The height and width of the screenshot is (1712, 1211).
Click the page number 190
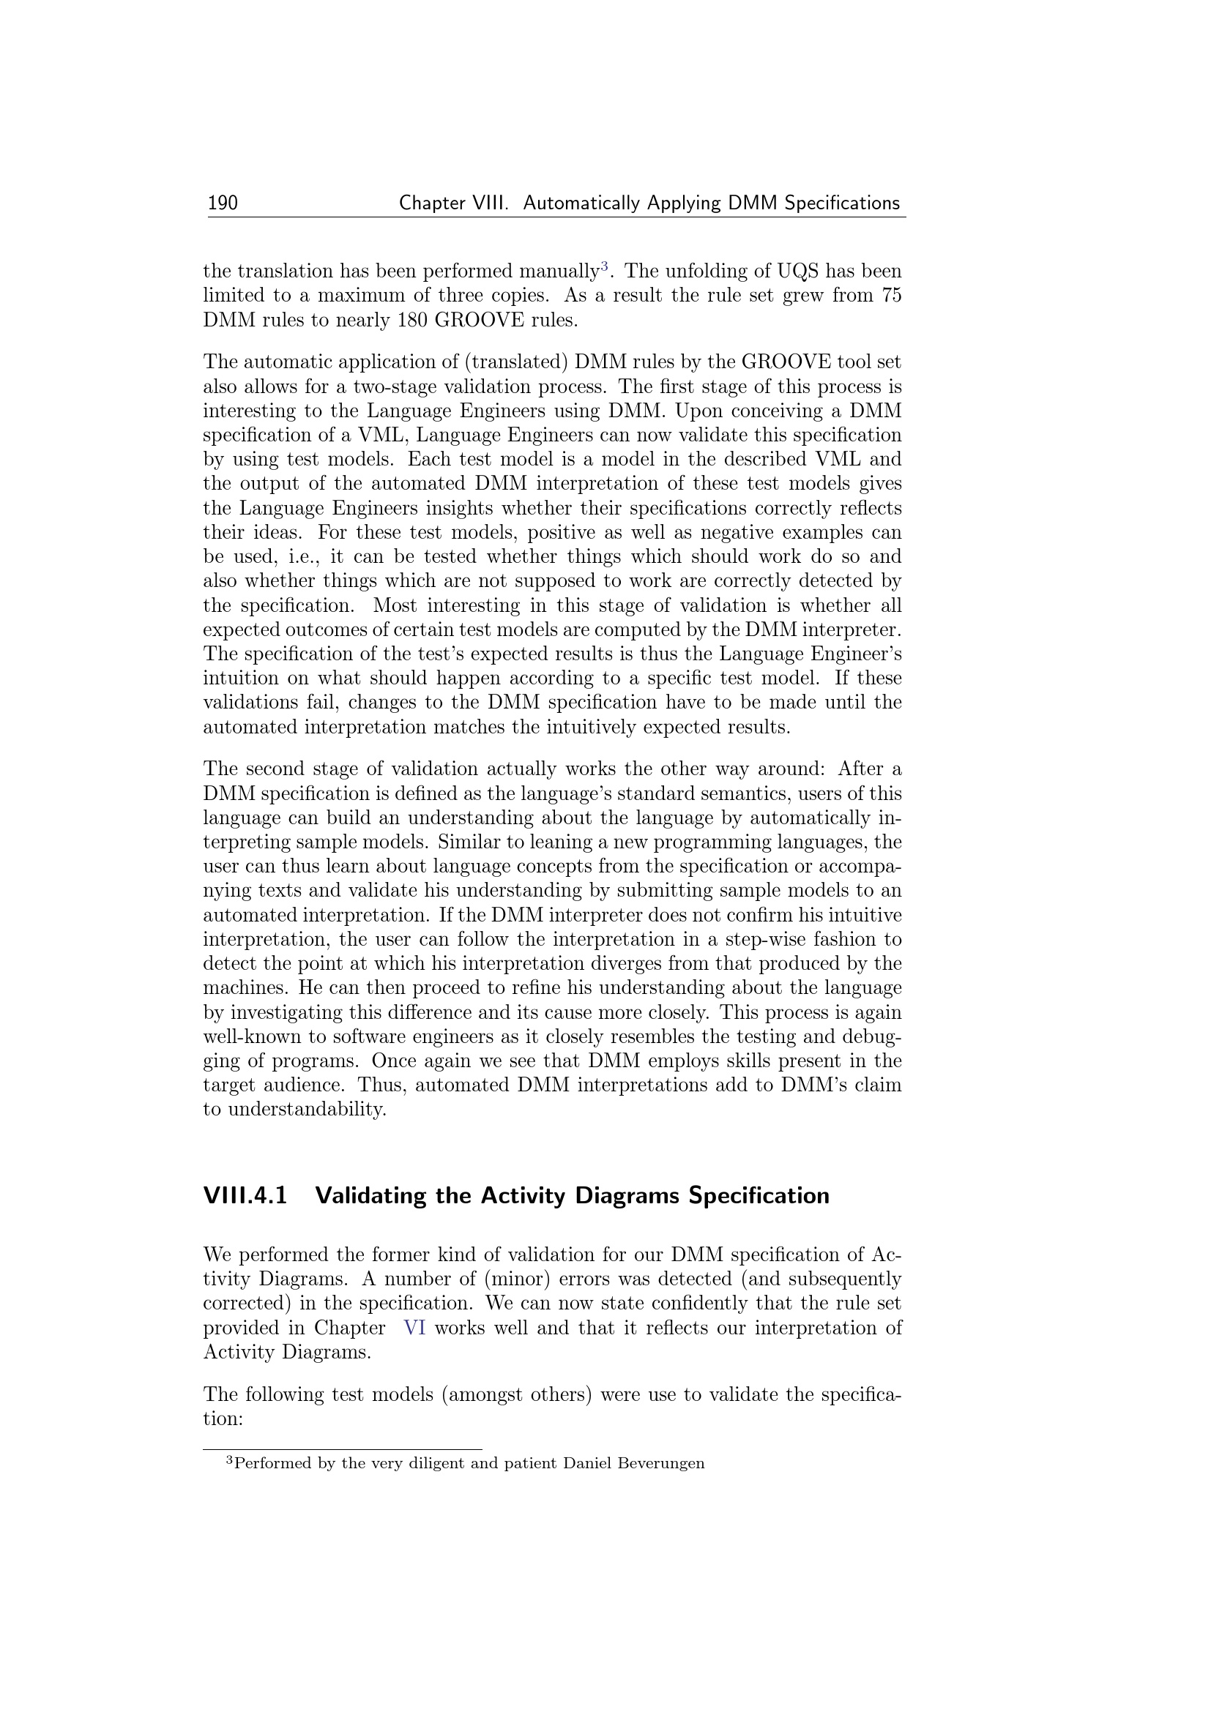[223, 203]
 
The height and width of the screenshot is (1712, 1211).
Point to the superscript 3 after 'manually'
[605, 266]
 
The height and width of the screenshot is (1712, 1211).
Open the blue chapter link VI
[414, 1328]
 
